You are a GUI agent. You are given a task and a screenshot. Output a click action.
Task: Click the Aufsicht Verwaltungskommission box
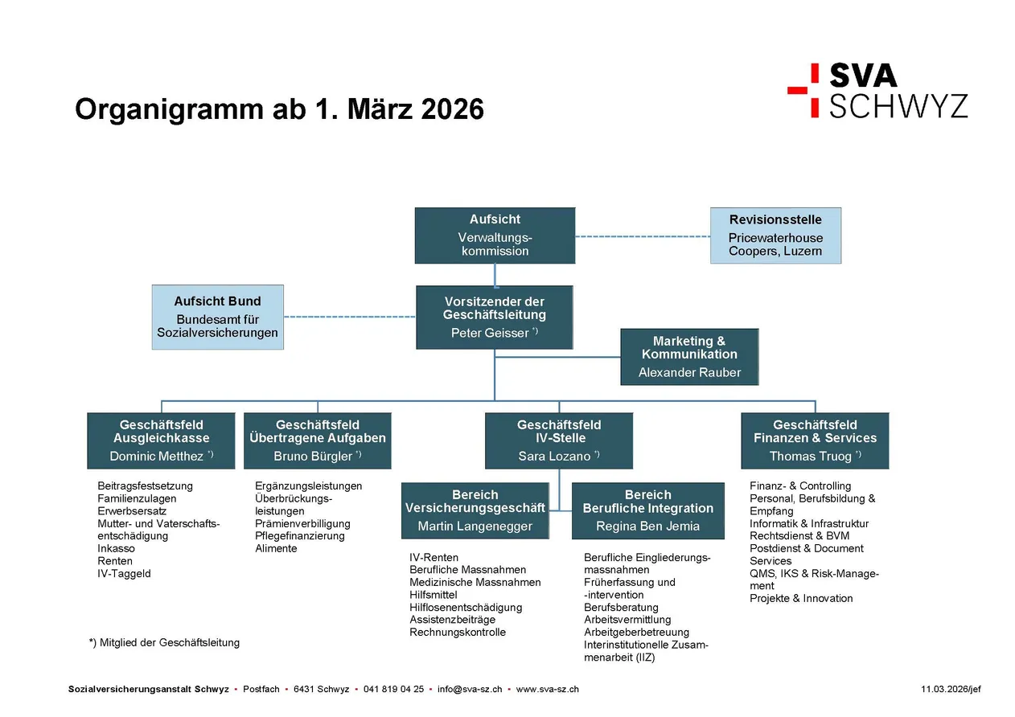(x=495, y=236)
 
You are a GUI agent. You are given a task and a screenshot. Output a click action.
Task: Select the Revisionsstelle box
(x=775, y=236)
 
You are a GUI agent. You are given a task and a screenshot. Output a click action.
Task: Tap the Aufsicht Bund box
(x=217, y=317)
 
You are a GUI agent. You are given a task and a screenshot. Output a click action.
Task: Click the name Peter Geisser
(x=490, y=333)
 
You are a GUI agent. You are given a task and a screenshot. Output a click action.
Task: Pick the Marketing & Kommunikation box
(x=689, y=357)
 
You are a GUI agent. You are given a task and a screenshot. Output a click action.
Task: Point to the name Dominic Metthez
(x=156, y=456)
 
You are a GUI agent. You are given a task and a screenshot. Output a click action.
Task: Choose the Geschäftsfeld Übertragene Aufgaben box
(x=317, y=440)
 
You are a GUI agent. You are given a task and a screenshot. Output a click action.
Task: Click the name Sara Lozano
(x=554, y=456)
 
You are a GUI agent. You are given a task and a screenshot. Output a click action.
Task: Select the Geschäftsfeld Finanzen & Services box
(x=815, y=440)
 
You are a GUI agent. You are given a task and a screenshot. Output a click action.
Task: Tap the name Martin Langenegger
(x=475, y=526)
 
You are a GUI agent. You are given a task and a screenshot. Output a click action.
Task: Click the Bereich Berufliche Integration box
(x=648, y=510)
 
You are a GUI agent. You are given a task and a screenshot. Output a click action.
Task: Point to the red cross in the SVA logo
(x=803, y=90)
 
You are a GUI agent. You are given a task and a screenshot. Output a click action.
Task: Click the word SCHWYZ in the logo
(x=898, y=105)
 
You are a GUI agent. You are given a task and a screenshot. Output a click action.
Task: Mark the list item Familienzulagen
(x=137, y=498)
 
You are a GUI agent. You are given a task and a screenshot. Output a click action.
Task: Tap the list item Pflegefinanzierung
(x=299, y=536)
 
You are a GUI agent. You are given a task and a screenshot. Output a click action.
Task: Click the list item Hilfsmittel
(x=434, y=595)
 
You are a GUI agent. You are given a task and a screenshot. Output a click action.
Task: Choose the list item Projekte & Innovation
(x=801, y=598)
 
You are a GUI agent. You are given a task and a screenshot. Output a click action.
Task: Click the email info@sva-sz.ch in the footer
(x=470, y=689)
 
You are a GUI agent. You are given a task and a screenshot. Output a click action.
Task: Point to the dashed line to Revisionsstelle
(x=643, y=236)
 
